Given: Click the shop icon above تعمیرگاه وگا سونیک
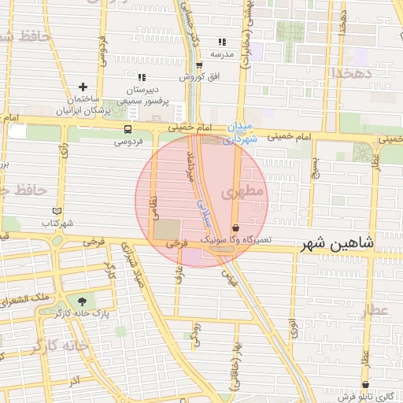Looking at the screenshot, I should coord(235,227).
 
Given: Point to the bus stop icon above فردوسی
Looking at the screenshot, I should coord(128,129).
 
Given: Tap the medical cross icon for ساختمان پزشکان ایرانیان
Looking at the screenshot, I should coord(83,87).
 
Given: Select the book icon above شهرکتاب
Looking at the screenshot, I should coord(56,211).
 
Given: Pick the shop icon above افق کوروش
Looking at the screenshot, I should coord(199,65).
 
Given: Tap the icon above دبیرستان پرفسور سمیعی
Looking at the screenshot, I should coord(142,77).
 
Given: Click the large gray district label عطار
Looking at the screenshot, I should coord(376,310).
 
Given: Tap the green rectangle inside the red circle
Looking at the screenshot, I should coord(166,231).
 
